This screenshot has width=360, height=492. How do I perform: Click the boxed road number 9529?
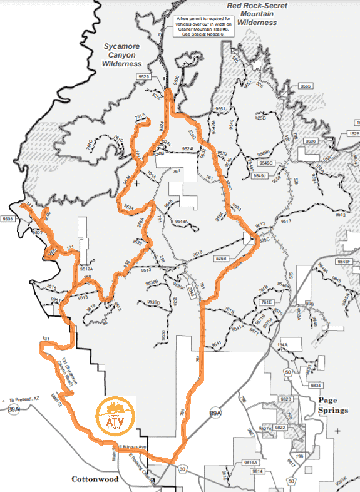pyautogui.click(x=145, y=76)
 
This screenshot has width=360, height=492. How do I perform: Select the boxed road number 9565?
pyautogui.click(x=306, y=85)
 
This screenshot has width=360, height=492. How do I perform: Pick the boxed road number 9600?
pyautogui.click(x=311, y=141)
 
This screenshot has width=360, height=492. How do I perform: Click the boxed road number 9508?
pyautogui.click(x=8, y=219)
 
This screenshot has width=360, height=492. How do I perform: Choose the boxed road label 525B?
pyautogui.click(x=221, y=258)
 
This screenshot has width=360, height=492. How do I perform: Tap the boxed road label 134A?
pyautogui.click(x=283, y=345)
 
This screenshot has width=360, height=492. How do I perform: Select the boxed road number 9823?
pyautogui.click(x=286, y=399)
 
